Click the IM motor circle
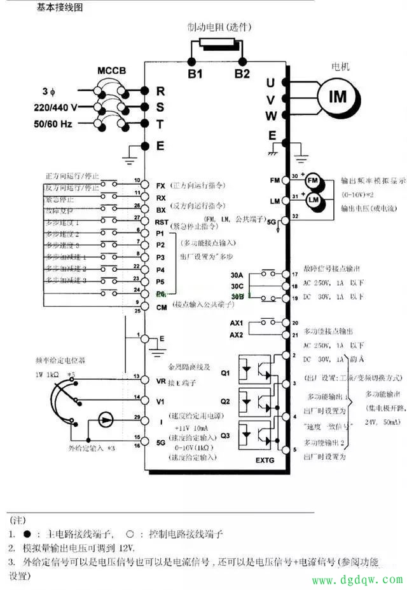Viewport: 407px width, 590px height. point(338,97)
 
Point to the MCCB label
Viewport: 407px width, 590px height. point(113,70)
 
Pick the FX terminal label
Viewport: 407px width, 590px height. point(161,186)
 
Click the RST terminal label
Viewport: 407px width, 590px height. point(162,222)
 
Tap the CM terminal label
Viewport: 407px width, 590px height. point(162,307)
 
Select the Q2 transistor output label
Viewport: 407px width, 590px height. point(225,401)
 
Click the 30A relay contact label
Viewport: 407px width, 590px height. point(237,275)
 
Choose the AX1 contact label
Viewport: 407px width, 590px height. point(237,323)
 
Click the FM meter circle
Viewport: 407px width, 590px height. point(312,181)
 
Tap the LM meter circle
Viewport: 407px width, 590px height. point(312,200)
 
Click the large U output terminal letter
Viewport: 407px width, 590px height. point(270,83)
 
